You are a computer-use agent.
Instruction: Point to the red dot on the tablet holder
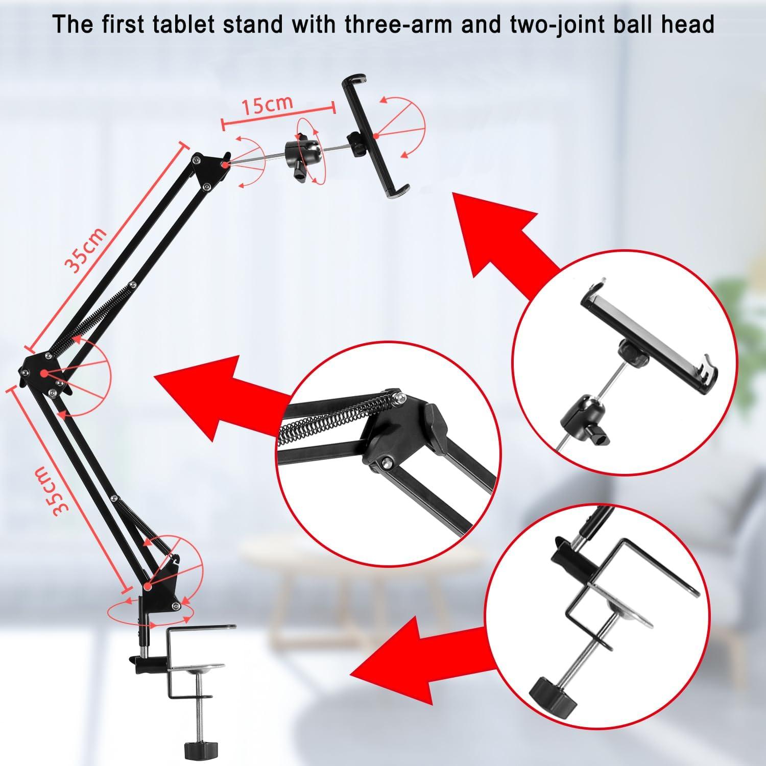(376, 135)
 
